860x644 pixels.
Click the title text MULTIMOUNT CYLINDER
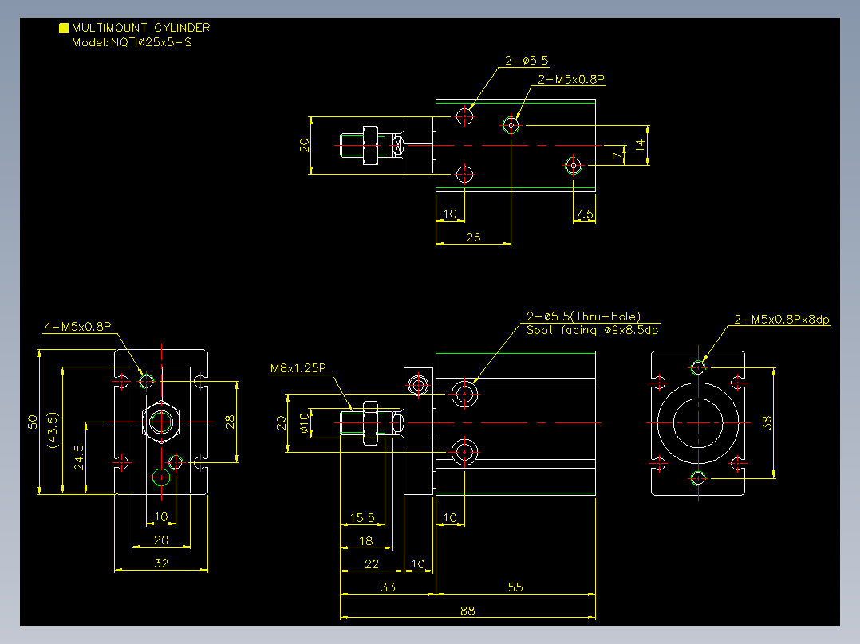click(141, 28)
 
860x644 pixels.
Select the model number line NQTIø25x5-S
click(132, 43)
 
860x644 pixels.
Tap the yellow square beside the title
click(64, 28)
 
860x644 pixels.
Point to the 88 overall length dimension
click(467, 611)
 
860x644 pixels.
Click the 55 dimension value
click(515, 587)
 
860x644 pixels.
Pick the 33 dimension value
click(388, 587)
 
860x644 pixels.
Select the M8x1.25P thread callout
click(298, 368)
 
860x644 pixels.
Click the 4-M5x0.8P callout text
click(78, 327)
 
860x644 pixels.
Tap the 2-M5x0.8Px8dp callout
click(782, 320)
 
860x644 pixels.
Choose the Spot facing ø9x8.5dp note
click(592, 331)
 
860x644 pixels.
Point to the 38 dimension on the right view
click(767, 422)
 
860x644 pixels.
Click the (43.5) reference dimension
click(53, 430)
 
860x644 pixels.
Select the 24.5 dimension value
click(79, 457)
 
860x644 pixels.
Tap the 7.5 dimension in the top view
click(584, 213)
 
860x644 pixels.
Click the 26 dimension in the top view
click(473, 237)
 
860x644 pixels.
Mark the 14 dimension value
click(640, 145)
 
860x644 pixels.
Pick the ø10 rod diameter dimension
click(305, 422)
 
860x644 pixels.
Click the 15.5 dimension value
click(362, 517)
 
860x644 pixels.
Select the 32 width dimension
click(160, 563)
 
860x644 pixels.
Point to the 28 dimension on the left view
click(230, 422)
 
